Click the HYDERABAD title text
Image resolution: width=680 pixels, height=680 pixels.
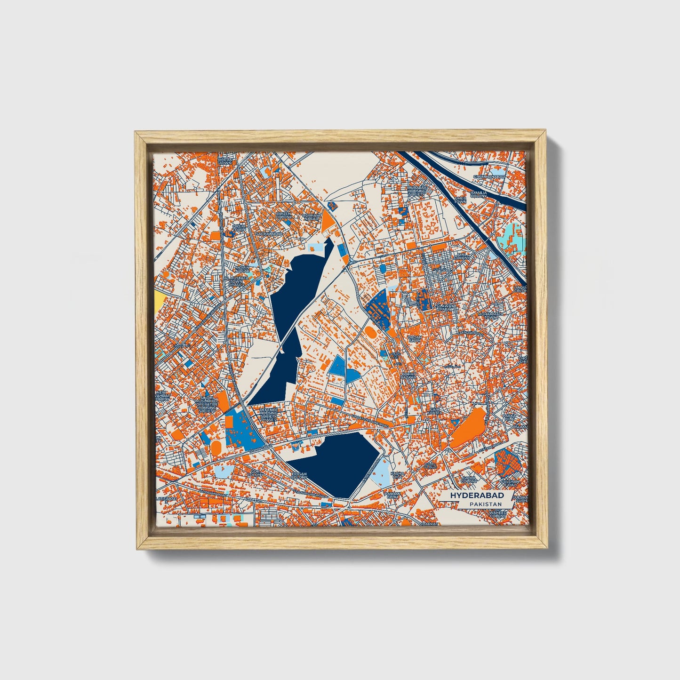477,496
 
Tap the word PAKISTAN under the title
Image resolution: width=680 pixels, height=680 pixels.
485,504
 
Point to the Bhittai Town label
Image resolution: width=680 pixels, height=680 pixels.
225,161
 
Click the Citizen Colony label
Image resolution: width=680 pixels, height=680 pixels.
284,215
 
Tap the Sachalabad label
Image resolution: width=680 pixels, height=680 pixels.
269,233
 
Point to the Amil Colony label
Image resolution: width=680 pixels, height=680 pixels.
462,256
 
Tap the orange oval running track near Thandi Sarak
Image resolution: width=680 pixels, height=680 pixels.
216,448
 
